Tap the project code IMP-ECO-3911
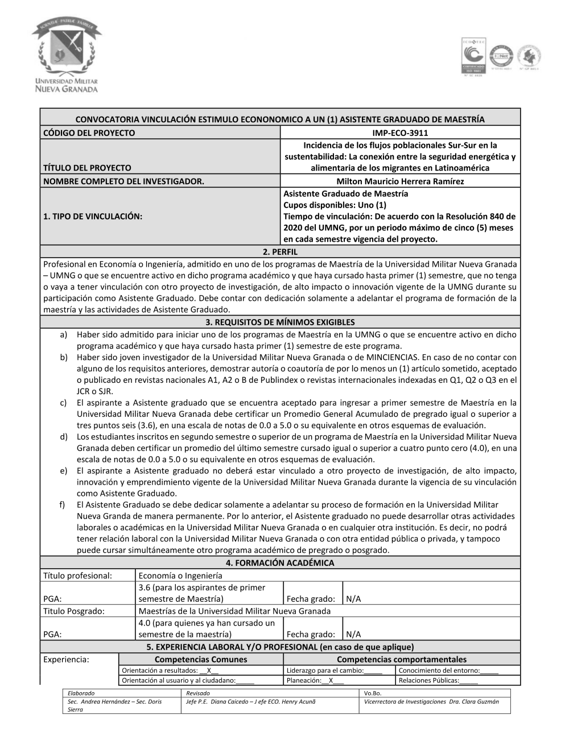[400, 133]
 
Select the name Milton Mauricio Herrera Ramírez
[400, 181]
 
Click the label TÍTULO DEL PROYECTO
[87, 168]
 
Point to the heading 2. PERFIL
[280, 251]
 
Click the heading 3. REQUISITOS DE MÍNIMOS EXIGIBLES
[280, 322]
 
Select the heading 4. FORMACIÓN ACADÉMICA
[280, 563]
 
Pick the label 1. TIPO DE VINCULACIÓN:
[93, 216]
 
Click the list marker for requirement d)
[64, 437]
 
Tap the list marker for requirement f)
[64, 505]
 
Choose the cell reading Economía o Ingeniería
[180, 575]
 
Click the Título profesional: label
[77, 575]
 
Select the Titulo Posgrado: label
[74, 611]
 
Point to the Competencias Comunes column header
[201, 659]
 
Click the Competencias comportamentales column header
[401, 659]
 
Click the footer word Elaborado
[81, 693]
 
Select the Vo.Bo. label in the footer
[373, 693]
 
